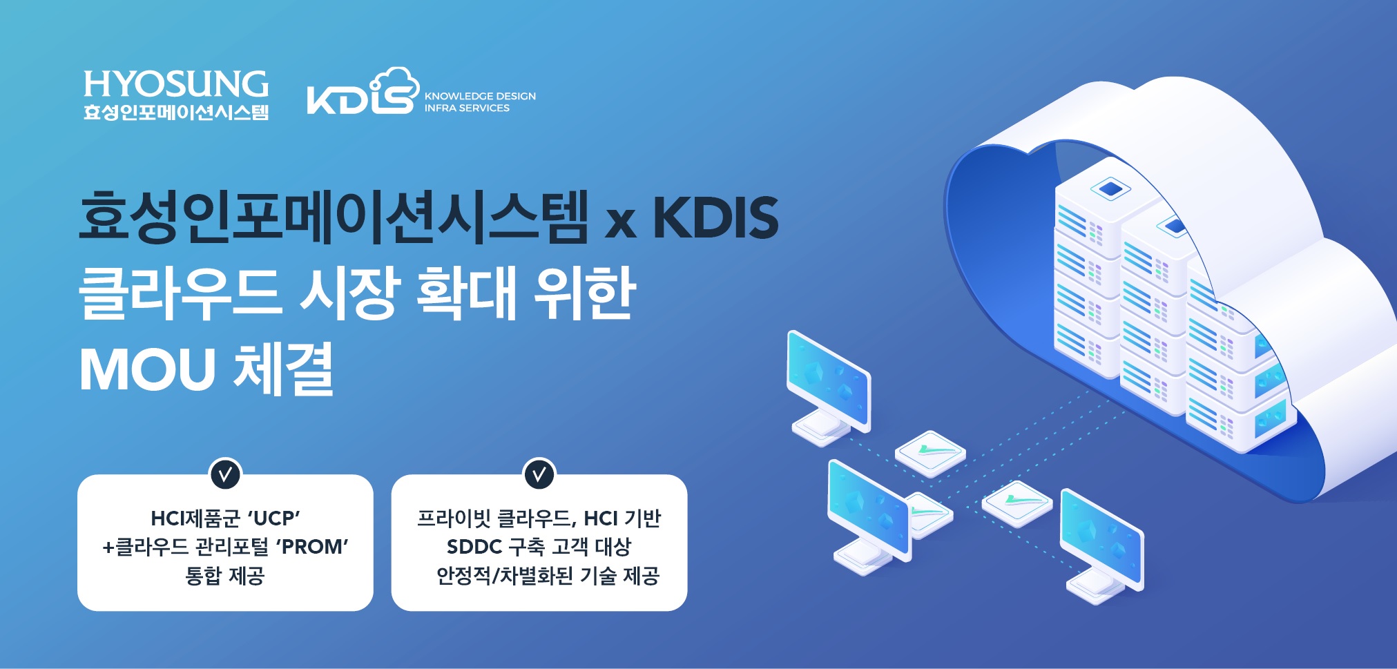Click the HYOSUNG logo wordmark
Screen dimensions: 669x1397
tap(176, 84)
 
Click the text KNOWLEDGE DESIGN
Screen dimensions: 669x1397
tap(480, 96)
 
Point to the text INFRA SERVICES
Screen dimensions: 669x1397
tap(467, 108)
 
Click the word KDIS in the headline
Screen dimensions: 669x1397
tap(715, 217)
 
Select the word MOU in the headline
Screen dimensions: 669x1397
tap(147, 369)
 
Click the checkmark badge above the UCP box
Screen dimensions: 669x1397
tap(225, 474)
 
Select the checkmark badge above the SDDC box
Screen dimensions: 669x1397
tap(539, 474)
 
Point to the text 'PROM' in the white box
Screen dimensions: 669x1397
tap(312, 547)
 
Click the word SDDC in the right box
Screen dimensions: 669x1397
tap(474, 547)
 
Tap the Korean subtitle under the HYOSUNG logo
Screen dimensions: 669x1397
tap(176, 113)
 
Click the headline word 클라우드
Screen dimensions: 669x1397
tap(180, 293)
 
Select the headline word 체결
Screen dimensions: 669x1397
tap(284, 369)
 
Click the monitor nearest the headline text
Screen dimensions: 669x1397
tap(829, 383)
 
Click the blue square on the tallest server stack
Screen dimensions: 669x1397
tap(1110, 188)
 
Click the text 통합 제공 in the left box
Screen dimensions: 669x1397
tap(225, 575)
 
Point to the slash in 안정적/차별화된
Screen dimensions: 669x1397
tap(494, 576)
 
